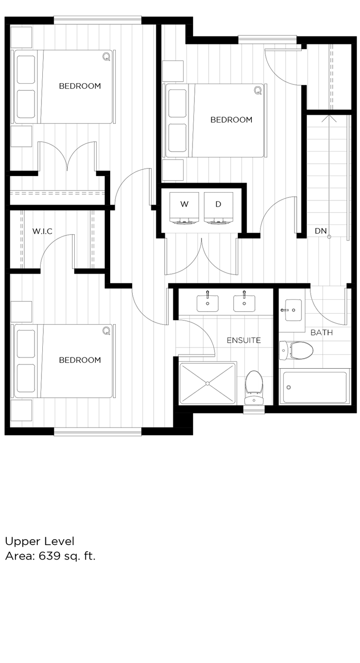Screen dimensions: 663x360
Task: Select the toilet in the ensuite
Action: click(254, 387)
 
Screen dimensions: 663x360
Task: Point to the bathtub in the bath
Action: click(315, 387)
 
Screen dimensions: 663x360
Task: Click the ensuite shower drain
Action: click(207, 383)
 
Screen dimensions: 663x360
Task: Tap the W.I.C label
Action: click(42, 232)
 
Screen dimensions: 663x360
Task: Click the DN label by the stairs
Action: click(321, 231)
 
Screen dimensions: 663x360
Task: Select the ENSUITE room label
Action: click(243, 340)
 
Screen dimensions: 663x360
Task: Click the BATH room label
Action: click(321, 333)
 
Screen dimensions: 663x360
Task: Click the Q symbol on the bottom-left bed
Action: click(106, 330)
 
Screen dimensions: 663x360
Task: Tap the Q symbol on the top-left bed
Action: click(106, 56)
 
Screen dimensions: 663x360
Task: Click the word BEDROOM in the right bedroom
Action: click(231, 120)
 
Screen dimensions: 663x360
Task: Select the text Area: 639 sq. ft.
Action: click(50, 556)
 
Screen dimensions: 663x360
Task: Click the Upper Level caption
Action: click(39, 541)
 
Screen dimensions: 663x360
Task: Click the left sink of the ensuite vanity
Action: click(207, 303)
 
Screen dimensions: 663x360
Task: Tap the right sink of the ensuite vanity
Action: click(244, 303)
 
